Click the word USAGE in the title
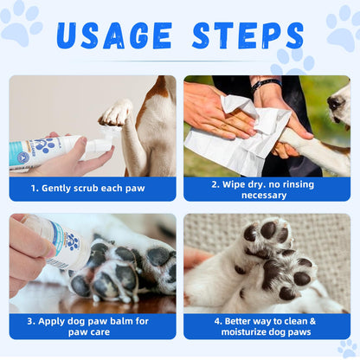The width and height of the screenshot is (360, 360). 114,35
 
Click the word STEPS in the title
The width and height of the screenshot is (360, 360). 247,35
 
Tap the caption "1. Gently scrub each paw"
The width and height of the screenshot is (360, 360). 92,188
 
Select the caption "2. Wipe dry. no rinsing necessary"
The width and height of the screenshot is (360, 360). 267,189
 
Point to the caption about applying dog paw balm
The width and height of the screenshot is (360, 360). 92,326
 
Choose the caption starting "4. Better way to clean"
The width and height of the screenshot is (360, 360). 267,326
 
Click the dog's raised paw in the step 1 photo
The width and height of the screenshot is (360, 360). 114,113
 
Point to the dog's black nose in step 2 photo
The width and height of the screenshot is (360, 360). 335,103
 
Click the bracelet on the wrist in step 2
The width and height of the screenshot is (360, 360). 266,84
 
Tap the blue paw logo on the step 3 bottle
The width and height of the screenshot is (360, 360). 73,243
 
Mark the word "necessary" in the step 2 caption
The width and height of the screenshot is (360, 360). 267,195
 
